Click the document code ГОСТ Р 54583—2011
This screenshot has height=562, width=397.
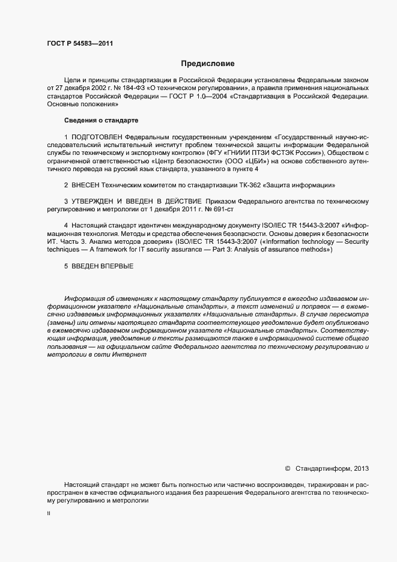coord(80,43)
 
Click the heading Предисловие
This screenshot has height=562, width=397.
coord(208,63)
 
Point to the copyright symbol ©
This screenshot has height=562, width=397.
coord(287,468)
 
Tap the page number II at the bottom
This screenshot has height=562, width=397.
coord(48,514)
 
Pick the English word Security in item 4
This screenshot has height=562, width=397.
coord(356,241)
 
